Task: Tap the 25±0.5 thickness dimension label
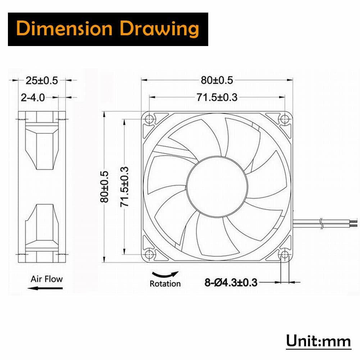[42, 81]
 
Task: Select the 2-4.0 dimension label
[33, 97]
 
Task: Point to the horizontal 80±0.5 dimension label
[217, 81]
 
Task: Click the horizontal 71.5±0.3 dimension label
[217, 97]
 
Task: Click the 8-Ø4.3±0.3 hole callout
[231, 282]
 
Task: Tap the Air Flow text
[46, 279]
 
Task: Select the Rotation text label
[165, 283]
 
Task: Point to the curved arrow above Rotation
[165, 274]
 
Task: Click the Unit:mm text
[318, 341]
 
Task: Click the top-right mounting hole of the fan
[285, 119]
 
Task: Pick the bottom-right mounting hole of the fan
[285, 255]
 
